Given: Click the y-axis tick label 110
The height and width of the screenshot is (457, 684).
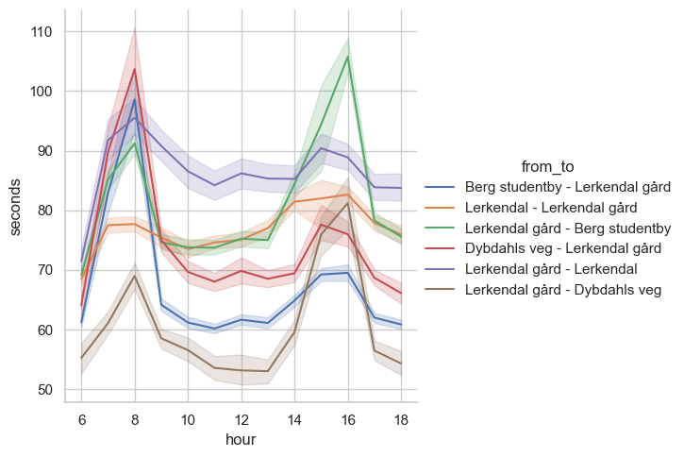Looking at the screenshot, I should pyautogui.click(x=40, y=32).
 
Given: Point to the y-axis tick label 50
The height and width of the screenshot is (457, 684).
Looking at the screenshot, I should pyautogui.click(x=43, y=389).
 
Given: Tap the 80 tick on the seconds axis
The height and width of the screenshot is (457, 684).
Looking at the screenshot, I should pyautogui.click(x=43, y=211).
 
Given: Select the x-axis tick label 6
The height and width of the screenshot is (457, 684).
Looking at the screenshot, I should pyautogui.click(x=81, y=419).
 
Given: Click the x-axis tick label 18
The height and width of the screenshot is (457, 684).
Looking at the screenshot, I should pyautogui.click(x=401, y=419).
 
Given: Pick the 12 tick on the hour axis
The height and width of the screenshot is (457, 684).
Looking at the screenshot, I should pyautogui.click(x=242, y=419).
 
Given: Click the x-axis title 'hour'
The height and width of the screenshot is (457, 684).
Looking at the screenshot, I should pyautogui.click(x=241, y=440).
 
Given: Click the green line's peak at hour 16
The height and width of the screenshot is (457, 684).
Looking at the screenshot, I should pyautogui.click(x=348, y=57).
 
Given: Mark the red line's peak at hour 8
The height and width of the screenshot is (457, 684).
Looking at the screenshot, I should pyautogui.click(x=135, y=69).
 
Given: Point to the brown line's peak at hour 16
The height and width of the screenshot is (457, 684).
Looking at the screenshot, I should pyautogui.click(x=348, y=203).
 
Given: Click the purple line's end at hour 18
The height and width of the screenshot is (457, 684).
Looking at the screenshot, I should pyautogui.click(x=401, y=188).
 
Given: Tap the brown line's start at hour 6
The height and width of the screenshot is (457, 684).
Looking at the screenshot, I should pyautogui.click(x=81, y=358).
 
